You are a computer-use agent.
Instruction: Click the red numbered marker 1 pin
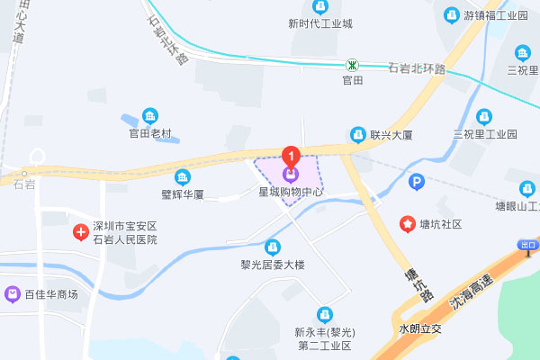pyautogui.click(x=290, y=155)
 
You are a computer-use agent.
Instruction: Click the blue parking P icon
pyautogui.click(x=416, y=183)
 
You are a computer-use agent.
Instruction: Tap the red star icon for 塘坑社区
pyautogui.click(x=407, y=223)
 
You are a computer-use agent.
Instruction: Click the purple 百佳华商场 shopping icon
pyautogui.click(x=13, y=293)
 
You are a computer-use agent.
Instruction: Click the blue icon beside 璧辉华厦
pyautogui.click(x=184, y=176)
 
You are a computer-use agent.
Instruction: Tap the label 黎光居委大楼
pyautogui.click(x=273, y=265)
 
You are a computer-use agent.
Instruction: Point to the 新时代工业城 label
pyautogui.click(x=320, y=23)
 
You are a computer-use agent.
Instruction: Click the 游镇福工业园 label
pyautogui.click(x=494, y=15)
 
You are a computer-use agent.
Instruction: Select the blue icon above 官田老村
pyautogui.click(x=149, y=115)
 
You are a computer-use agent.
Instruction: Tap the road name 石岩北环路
pyautogui.click(x=417, y=68)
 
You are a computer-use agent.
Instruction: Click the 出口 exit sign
pyautogui.click(x=528, y=245)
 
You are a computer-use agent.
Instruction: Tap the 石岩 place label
pyautogui.click(x=24, y=184)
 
